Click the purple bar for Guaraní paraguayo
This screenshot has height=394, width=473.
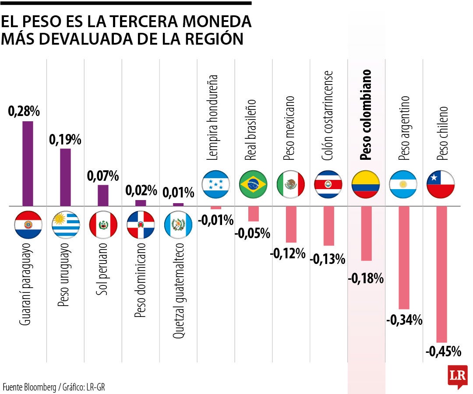coord(28,163)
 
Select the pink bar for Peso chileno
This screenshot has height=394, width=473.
coord(441,274)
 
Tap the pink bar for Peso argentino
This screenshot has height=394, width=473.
coord(404,257)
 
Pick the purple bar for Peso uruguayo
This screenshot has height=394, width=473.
coord(65,177)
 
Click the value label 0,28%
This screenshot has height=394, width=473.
coord(24,111)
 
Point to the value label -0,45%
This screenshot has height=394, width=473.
coord(443,351)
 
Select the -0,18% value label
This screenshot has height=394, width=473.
coord(366,278)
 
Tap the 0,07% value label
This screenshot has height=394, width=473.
coord(103,176)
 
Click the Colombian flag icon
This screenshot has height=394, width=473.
coord(366,184)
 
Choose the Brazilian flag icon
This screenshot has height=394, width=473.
coord(253,184)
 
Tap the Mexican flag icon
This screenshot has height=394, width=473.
coord(291,184)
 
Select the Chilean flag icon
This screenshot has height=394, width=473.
coord(441,184)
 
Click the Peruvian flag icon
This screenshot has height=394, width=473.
coord(103,225)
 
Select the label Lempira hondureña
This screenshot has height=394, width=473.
coord(216,117)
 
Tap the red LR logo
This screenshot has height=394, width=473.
coord(458,376)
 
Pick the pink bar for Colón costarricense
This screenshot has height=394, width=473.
coord(328,226)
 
